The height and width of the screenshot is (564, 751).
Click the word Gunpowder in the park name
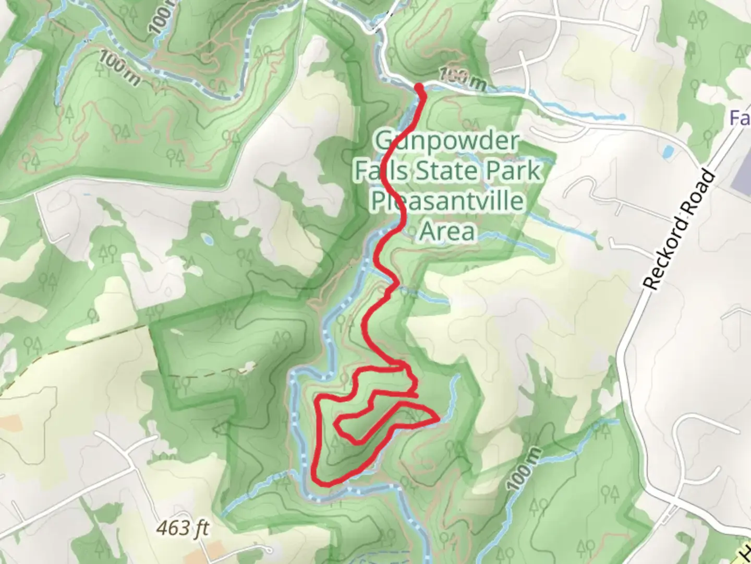tap(447, 142)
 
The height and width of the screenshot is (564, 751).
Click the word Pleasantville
tap(447, 201)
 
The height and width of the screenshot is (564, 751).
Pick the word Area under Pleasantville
tap(447, 230)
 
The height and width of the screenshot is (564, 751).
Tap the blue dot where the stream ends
tap(622, 116)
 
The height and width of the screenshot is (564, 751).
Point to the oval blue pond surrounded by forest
tap(208, 240)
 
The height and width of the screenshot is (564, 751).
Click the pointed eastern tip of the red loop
tap(438, 417)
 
